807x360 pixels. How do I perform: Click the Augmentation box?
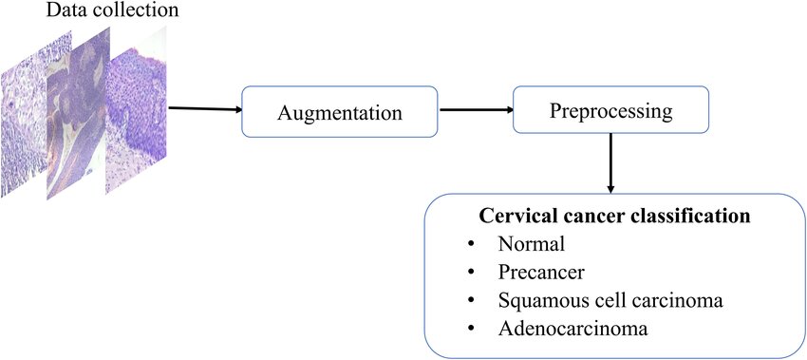pos(339,112)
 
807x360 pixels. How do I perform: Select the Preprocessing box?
pos(610,110)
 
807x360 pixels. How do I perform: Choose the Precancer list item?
pos(541,273)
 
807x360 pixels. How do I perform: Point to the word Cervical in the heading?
pos(523,216)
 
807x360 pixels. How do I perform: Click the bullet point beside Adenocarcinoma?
pos(471,331)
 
